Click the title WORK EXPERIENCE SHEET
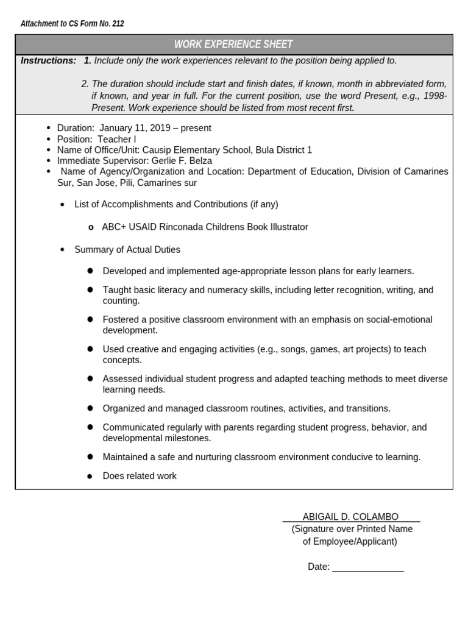233,44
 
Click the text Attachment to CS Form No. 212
72,24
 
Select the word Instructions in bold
48,60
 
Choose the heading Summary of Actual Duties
127,249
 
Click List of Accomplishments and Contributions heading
176,204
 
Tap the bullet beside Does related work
90,476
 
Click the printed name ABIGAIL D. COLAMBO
350,517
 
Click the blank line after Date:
368,567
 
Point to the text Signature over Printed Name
352,529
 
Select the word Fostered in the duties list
121,319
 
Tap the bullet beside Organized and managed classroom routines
90,408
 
